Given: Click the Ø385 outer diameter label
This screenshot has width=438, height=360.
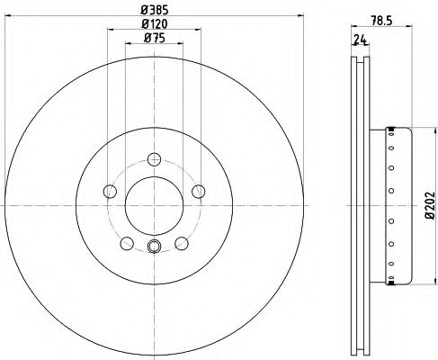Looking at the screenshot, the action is (x=155, y=10).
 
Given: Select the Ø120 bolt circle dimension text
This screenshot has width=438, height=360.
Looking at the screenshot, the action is (x=155, y=24).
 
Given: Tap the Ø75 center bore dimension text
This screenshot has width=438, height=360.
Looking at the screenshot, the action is (x=155, y=38).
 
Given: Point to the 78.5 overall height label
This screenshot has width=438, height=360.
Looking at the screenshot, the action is (x=381, y=21).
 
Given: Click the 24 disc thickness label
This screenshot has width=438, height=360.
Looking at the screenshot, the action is (x=361, y=40).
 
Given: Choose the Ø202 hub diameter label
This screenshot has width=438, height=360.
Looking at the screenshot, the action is (x=431, y=205).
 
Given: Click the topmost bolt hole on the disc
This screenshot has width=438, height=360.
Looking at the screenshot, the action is (x=155, y=159).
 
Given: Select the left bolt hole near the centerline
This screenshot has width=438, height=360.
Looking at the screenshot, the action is (x=110, y=192).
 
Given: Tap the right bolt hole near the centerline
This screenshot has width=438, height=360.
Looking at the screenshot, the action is (x=199, y=192).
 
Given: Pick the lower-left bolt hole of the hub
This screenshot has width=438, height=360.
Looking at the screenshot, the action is (x=127, y=243).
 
